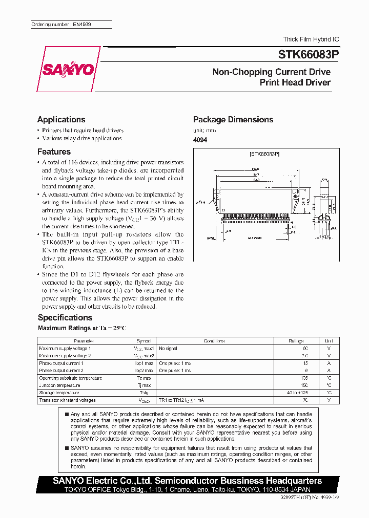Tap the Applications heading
click(x=61, y=120)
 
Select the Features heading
click(x=54, y=152)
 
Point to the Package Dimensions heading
click(x=233, y=120)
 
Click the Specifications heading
click(x=65, y=317)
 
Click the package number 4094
click(x=200, y=140)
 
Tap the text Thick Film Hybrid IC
click(x=311, y=39)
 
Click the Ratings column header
click(x=296, y=341)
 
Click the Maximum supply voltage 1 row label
click(x=65, y=348)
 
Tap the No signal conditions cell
click(x=168, y=348)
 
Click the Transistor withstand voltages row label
click(x=67, y=400)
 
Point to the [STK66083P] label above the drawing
click(x=264, y=154)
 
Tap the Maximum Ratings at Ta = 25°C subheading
click(x=81, y=328)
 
